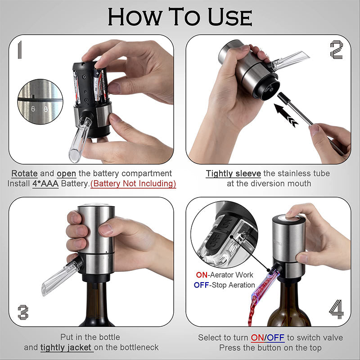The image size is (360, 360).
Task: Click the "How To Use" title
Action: [180, 17]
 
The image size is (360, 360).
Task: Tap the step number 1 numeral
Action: [18, 49]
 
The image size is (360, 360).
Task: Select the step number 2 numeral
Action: [337, 49]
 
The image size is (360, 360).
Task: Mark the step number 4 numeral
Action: [336, 310]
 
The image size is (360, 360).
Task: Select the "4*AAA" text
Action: [45, 184]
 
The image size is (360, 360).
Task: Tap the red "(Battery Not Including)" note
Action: [133, 184]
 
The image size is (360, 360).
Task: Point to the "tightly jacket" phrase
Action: [67, 347]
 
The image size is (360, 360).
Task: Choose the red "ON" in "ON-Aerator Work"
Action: [201, 274]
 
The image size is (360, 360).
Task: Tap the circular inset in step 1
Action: [40, 102]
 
